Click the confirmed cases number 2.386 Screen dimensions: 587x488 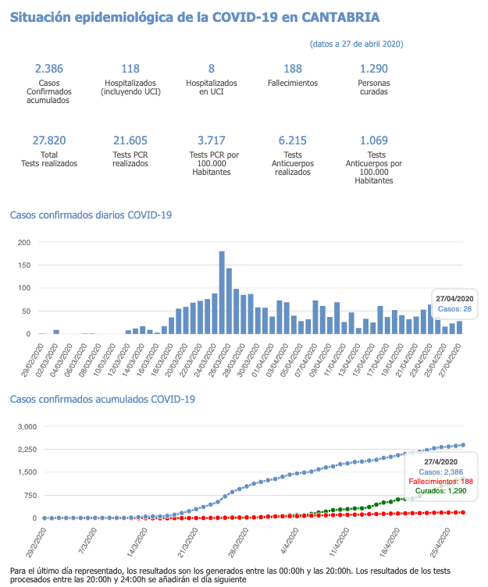[48, 69]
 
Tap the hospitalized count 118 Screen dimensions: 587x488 [130, 69]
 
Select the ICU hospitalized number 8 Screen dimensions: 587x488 [212, 69]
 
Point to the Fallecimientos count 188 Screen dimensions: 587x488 [293, 69]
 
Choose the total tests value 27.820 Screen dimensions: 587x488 [48, 141]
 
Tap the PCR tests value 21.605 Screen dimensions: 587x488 [130, 141]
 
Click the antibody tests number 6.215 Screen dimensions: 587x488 [293, 141]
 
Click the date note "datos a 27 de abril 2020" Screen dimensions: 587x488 [356, 44]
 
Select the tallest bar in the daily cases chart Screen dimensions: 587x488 [222, 292]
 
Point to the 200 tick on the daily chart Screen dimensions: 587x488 [24, 243]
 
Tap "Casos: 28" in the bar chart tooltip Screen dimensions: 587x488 [455, 310]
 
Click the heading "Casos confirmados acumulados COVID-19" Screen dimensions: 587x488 [102, 400]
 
